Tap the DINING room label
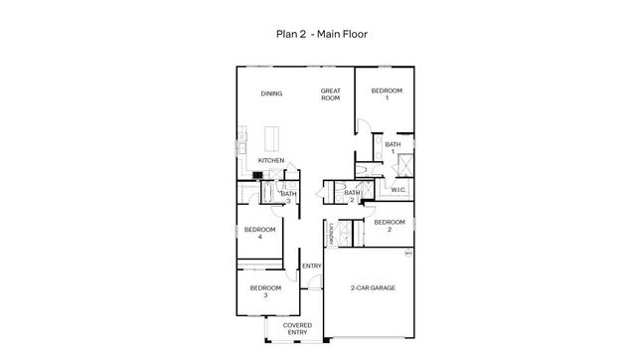(271, 93)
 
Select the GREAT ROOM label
(331, 94)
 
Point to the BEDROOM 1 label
(388, 94)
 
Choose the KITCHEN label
(271, 160)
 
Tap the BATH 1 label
(394, 147)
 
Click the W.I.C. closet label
(397, 189)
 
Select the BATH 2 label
(352, 196)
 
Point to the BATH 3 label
(288, 197)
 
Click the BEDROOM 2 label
(390, 225)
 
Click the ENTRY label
(311, 266)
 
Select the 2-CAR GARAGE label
(373, 287)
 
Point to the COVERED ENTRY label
(298, 329)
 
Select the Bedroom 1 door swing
(364, 124)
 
